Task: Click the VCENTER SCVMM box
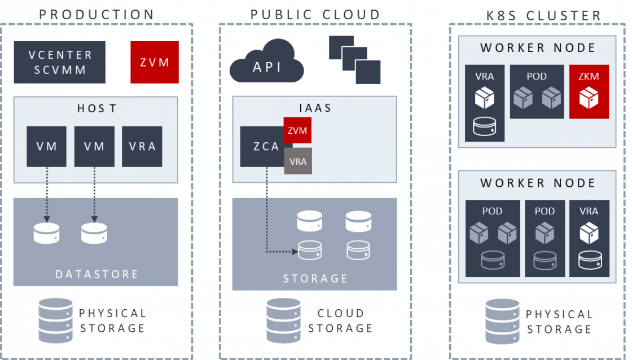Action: pyautogui.click(x=60, y=62)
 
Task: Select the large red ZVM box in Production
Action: pyautogui.click(x=155, y=62)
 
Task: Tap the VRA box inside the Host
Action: pyautogui.click(x=142, y=146)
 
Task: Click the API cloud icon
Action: pyautogui.click(x=266, y=61)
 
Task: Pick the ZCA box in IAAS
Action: pyautogui.click(x=262, y=146)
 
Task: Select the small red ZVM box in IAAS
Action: pyautogui.click(x=297, y=130)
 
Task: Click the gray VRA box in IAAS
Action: pyautogui.click(x=298, y=161)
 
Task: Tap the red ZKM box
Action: pyautogui.click(x=589, y=91)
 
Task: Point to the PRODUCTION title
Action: pyautogui.click(x=96, y=15)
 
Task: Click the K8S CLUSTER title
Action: pyautogui.click(x=544, y=15)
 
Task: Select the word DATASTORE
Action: pyautogui.click(x=96, y=274)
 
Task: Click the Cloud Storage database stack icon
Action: pyautogui.click(x=283, y=321)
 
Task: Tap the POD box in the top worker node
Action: pyautogui.click(x=537, y=91)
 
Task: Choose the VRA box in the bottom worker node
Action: pyautogui.click(x=589, y=239)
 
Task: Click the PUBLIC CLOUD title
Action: pyautogui.click(x=315, y=15)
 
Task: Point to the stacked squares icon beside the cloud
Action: pyautogui.click(x=355, y=60)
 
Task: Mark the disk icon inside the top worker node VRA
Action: pyautogui.click(x=485, y=126)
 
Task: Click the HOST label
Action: pyautogui.click(x=96, y=108)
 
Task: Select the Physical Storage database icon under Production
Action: pyautogui.click(x=56, y=321)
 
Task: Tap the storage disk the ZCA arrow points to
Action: pyautogui.click(x=310, y=251)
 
